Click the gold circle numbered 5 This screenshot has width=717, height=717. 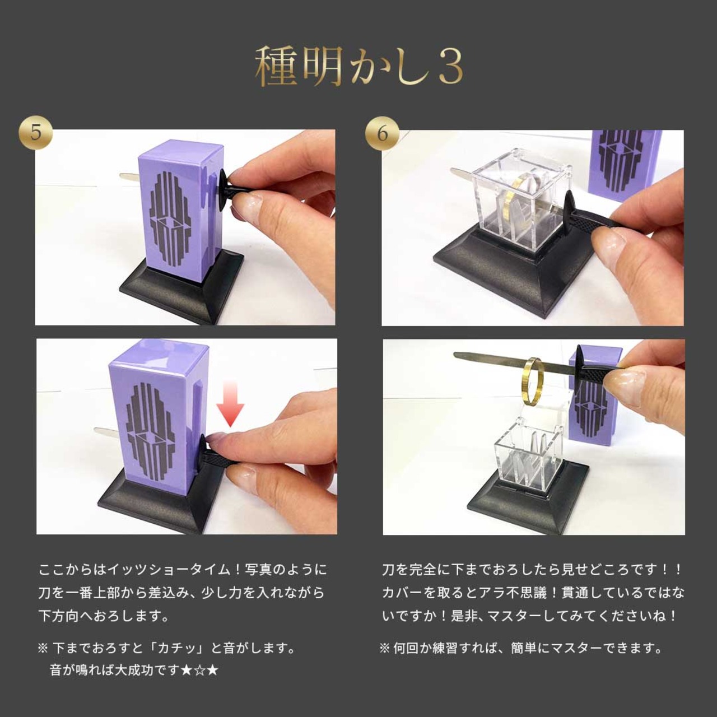point(36,133)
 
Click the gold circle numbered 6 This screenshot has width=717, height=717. point(382,133)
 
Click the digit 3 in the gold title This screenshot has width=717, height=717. point(448,67)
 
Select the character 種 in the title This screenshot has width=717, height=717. point(276,67)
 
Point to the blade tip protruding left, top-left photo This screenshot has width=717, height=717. point(128,176)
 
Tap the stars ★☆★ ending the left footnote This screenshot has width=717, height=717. point(200,670)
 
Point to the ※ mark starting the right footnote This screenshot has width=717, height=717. point(384,649)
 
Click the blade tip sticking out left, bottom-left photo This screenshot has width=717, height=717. point(104,432)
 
